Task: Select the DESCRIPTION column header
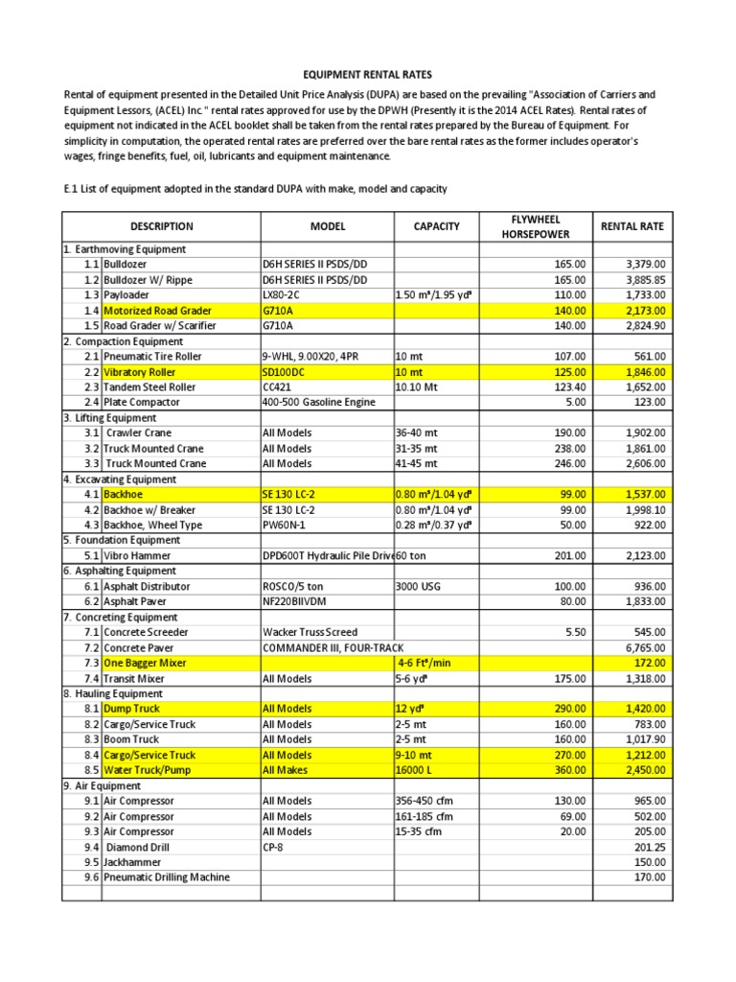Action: pos(162,227)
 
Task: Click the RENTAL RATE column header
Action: pos(632,227)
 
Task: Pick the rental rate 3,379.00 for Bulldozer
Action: pos(645,265)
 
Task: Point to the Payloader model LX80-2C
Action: pos(287,295)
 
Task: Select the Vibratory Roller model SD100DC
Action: pos(288,372)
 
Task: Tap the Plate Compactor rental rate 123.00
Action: pos(651,403)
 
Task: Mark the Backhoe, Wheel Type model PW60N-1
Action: pos(288,525)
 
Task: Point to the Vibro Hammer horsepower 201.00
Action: pos(569,555)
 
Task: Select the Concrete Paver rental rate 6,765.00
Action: pos(645,647)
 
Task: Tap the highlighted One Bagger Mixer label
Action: pos(145,663)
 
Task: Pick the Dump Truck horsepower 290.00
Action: pos(569,710)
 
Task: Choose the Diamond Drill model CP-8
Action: pos(275,848)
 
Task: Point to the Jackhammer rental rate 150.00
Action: pos(651,862)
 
